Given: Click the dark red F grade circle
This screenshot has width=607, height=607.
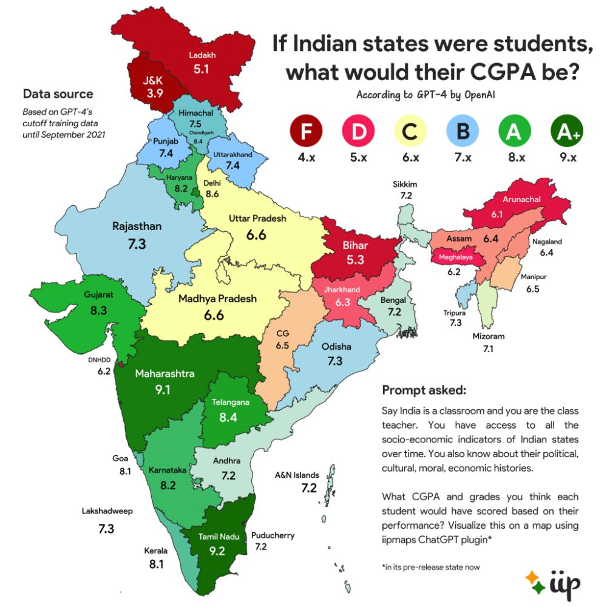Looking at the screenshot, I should [305, 132].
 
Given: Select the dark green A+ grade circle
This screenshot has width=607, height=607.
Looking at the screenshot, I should [566, 132].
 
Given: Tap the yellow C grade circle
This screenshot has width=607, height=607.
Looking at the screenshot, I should [410, 132].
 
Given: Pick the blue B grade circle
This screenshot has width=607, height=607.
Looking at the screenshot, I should [462, 132].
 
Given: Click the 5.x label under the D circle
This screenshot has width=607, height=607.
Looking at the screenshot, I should [358, 158].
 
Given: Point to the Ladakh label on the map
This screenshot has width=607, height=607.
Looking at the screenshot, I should [202, 56].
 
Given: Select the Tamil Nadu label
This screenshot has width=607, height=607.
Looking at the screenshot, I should [220, 537].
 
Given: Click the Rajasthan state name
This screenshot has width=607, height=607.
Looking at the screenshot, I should [137, 226].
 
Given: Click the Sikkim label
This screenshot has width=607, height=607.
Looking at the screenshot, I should [405, 184].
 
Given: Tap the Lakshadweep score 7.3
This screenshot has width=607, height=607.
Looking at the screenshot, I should [106, 529].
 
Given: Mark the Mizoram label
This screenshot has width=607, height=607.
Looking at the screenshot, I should [488, 336].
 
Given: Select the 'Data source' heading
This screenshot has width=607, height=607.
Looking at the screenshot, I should [58, 94].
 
